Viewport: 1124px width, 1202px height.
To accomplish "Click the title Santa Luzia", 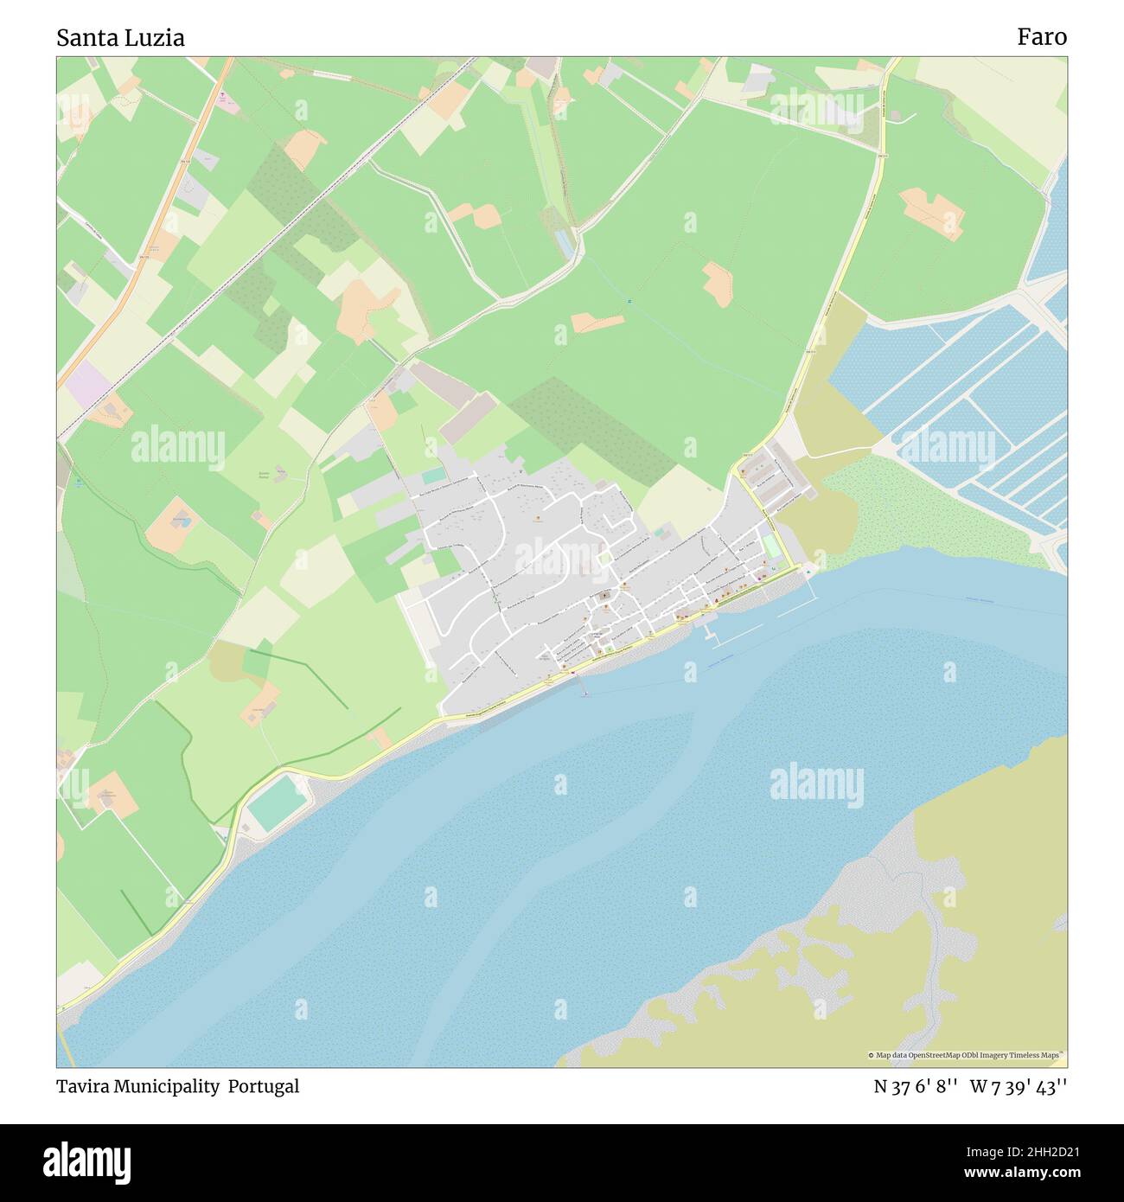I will [120, 37].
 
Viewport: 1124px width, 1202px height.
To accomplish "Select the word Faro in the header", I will [1041, 37].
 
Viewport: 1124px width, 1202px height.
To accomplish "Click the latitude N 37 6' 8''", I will [915, 1087].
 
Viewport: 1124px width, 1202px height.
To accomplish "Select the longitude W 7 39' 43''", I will [1018, 1087].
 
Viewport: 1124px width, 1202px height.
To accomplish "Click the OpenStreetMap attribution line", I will [967, 1055].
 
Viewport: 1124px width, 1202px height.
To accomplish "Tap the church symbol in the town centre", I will [603, 596].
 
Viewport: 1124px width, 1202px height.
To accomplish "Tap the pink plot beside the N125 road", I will [227, 101].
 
